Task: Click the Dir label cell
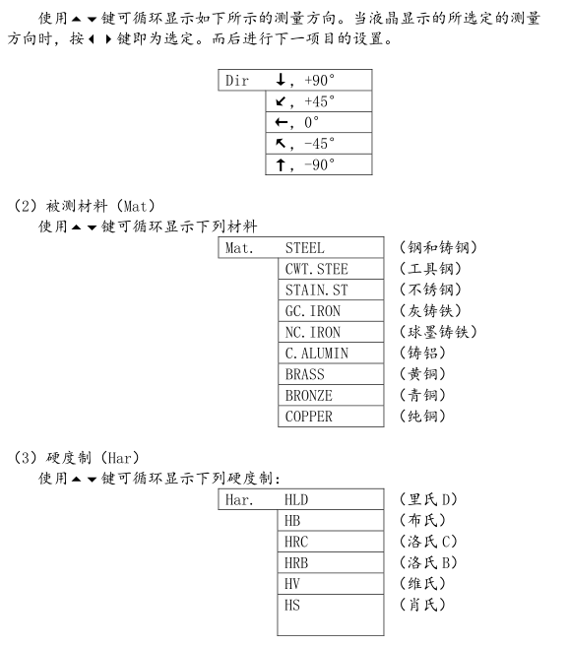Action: (241, 81)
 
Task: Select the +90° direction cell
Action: (318, 81)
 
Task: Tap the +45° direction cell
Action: (318, 101)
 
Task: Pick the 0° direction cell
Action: (318, 123)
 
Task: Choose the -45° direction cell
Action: (318, 144)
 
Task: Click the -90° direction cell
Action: (318, 165)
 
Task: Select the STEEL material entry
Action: (331, 248)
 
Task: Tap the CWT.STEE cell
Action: (331, 269)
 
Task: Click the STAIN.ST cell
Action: (331, 291)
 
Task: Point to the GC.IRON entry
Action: (331, 311)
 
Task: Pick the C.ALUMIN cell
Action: (331, 353)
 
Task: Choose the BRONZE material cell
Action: (331, 395)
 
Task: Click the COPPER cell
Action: (331, 416)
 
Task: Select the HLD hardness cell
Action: (330, 500)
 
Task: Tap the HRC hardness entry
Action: (330, 542)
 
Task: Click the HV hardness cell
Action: (330, 584)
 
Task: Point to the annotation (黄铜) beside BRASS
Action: (422, 374)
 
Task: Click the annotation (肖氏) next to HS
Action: (422, 605)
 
